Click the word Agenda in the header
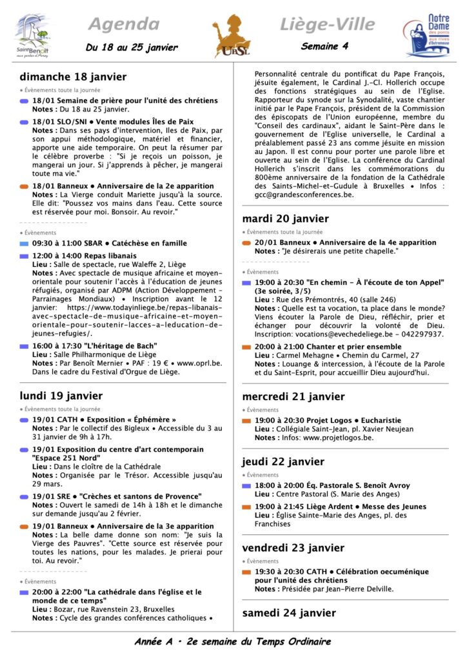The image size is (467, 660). [123, 24]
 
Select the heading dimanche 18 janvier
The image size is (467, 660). [73, 77]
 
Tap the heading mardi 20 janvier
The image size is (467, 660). [286, 218]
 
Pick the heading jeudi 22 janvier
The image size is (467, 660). [283, 461]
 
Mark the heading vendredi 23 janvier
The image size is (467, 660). [293, 548]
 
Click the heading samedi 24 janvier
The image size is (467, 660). [289, 613]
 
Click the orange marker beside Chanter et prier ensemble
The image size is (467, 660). [247, 347]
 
